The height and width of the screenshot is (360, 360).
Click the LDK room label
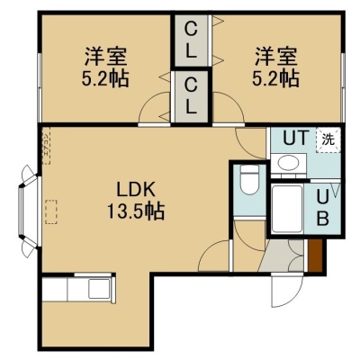pyautogui.click(x=136, y=190)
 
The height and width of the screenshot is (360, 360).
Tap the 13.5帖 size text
pyautogui.click(x=136, y=211)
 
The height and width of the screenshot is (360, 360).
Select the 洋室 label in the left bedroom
pyautogui.click(x=105, y=57)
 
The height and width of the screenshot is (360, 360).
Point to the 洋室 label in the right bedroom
pyautogui.click(x=276, y=57)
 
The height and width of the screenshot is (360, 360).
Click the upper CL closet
pyautogui.click(x=191, y=41)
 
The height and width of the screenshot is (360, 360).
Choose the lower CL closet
pyautogui.click(x=191, y=96)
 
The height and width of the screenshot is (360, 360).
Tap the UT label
pyautogui.click(x=296, y=138)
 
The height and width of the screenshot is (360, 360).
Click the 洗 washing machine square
pyautogui.click(x=328, y=140)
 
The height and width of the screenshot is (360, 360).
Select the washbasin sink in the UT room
pyautogui.click(x=288, y=164)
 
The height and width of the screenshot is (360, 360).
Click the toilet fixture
pyautogui.click(x=249, y=181)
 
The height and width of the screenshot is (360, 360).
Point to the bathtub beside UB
pyautogui.click(x=287, y=209)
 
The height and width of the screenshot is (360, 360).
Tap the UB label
pyautogui.click(x=322, y=208)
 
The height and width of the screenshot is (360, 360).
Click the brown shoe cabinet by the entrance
pyautogui.click(x=315, y=255)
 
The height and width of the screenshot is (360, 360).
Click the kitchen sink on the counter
pyautogui.click(x=99, y=289)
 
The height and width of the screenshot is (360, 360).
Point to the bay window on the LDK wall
pyautogui.click(x=29, y=211)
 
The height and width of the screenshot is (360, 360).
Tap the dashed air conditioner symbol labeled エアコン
pyautogui.click(x=46, y=146)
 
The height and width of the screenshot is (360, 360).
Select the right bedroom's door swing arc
pyautogui.click(x=229, y=107)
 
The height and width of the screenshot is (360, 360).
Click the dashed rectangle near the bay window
pyautogui.click(x=51, y=211)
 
